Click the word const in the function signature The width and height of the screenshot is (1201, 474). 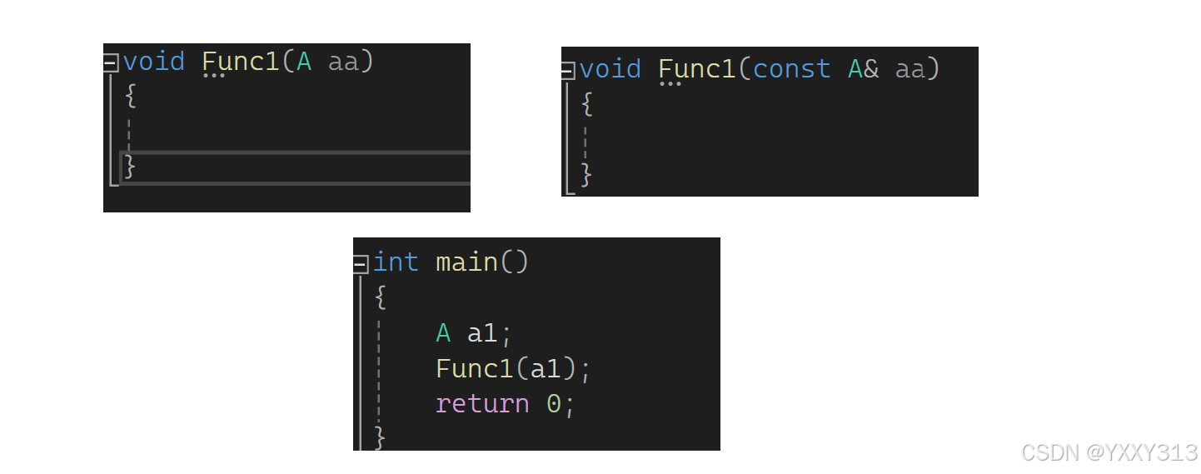point(791,69)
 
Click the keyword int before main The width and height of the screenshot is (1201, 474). point(396,262)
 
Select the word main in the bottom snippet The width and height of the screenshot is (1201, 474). point(466,262)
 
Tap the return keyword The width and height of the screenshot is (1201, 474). point(482,404)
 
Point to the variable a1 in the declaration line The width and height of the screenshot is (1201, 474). point(483,333)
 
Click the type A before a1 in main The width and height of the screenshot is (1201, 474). point(443,333)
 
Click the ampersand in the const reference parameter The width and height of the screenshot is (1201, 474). point(871,69)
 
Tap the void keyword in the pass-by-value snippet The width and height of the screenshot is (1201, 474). point(154,62)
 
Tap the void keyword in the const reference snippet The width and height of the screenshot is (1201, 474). point(610,69)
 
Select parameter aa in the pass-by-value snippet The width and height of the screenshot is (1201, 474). point(344,62)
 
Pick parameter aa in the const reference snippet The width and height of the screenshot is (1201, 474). point(910,69)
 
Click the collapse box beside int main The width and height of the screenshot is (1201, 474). point(361,264)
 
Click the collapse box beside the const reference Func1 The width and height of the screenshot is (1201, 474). point(568,71)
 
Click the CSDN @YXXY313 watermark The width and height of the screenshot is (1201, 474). point(1109,452)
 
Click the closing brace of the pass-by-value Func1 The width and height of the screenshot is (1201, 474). point(130,166)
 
